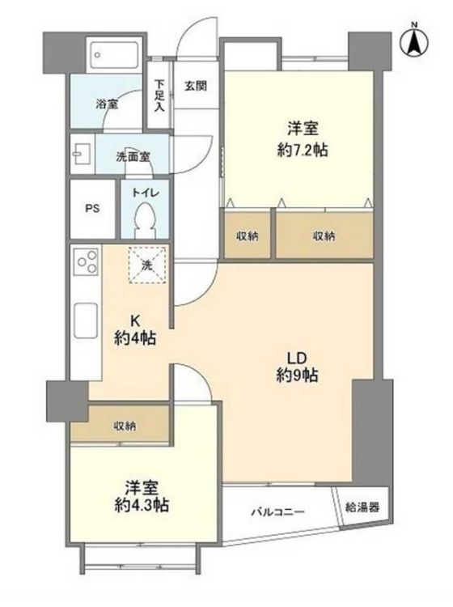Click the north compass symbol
pos(415,40)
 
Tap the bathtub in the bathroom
pos(115,54)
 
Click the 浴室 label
pos(107,104)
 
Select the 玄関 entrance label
pos(196,86)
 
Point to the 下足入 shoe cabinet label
pos(159,96)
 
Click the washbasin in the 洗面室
pos(81,155)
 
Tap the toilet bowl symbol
pos(145,221)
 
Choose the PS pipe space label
pos(92,209)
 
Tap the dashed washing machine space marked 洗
pos(147,265)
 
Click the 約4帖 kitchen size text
pos(135,339)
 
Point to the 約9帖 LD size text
pos(297,375)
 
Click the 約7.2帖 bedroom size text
pos(303,150)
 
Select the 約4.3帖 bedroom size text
pos(142,505)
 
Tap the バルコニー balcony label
pos(278,512)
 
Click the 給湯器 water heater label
pos(362,507)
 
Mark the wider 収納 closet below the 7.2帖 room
pos(324,235)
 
